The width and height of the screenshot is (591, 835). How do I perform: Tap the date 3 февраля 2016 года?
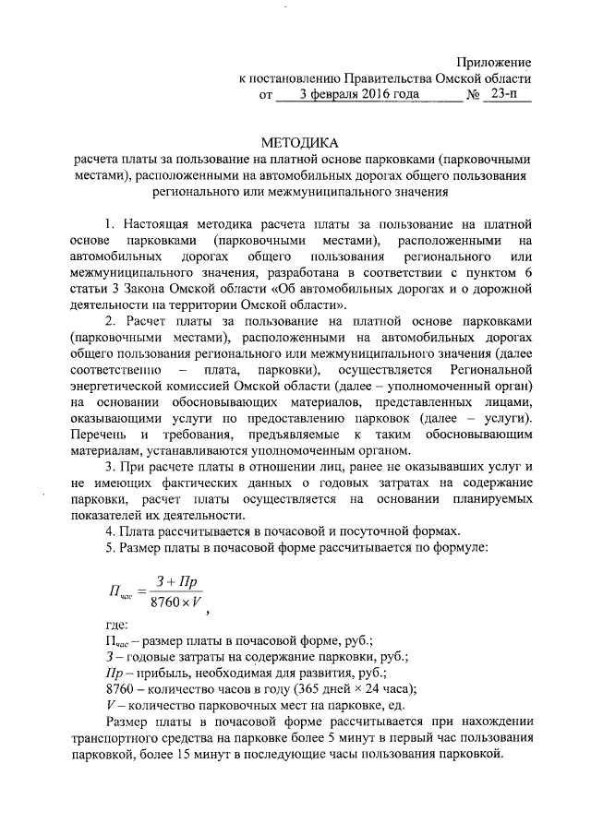tap(351, 94)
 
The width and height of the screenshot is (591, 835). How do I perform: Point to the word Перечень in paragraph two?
tap(97, 435)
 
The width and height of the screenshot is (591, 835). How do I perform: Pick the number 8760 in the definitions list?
tap(121, 688)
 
